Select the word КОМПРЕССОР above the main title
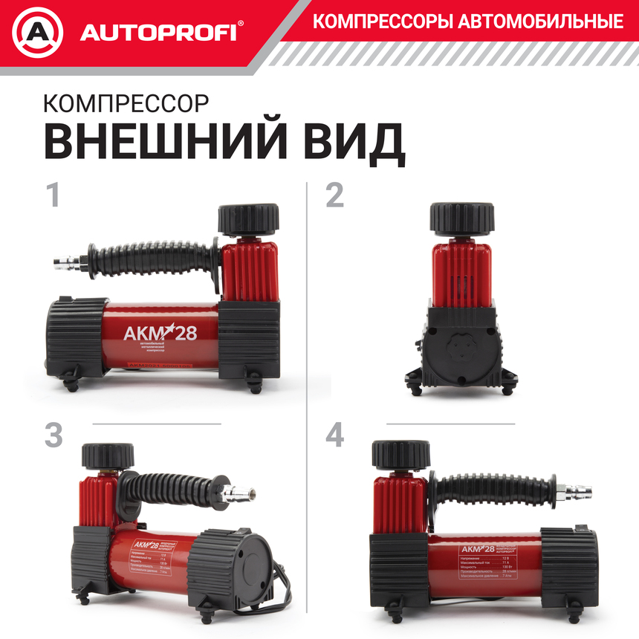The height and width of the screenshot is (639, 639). (126, 103)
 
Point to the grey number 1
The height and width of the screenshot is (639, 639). (53, 195)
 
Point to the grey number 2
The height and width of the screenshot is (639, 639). (335, 195)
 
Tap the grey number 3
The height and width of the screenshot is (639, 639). (53, 435)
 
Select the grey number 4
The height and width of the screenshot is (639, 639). (335, 435)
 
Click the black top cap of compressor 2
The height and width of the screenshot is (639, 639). (461, 218)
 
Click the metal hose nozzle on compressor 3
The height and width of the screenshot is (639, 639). (243, 491)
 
